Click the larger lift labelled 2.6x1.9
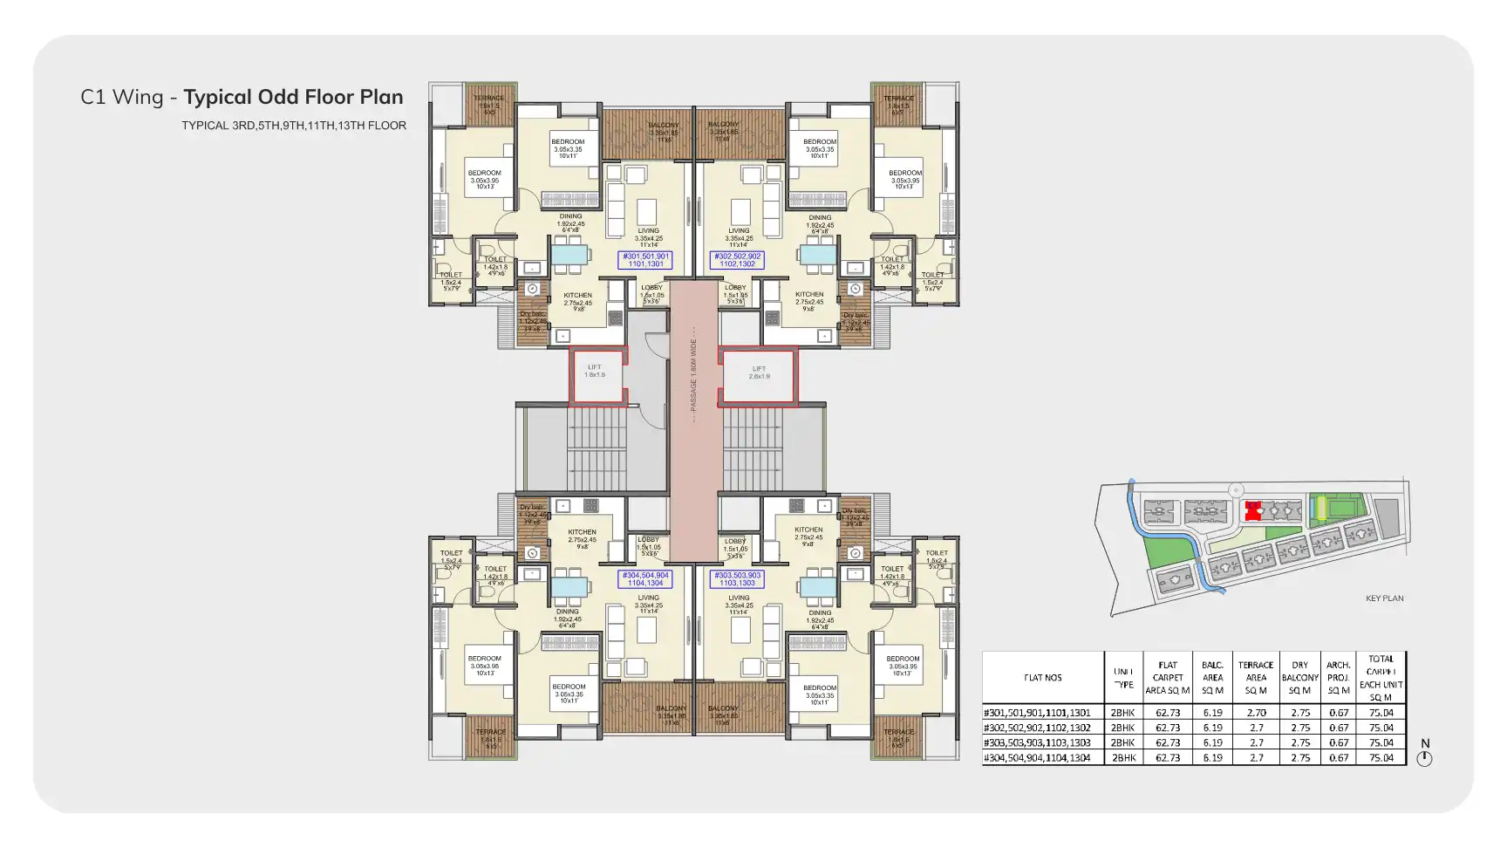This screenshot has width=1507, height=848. point(759,375)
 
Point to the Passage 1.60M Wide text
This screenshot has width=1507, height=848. point(694,376)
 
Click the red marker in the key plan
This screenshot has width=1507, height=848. point(1253,510)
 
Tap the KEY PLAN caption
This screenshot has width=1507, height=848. point(1384,598)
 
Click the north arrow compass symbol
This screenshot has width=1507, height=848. point(1424,758)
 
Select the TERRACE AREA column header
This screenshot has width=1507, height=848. point(1256,678)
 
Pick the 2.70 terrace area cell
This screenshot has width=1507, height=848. point(1256,713)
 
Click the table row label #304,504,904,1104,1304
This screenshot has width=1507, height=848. point(1037,758)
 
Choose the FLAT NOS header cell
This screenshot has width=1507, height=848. point(1042,678)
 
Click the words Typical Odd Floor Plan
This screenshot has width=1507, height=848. point(293,97)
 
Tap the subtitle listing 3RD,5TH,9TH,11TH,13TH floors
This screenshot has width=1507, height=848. point(294,126)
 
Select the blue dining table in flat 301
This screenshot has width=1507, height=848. point(570,254)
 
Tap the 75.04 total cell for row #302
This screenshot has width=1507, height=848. point(1381,728)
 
